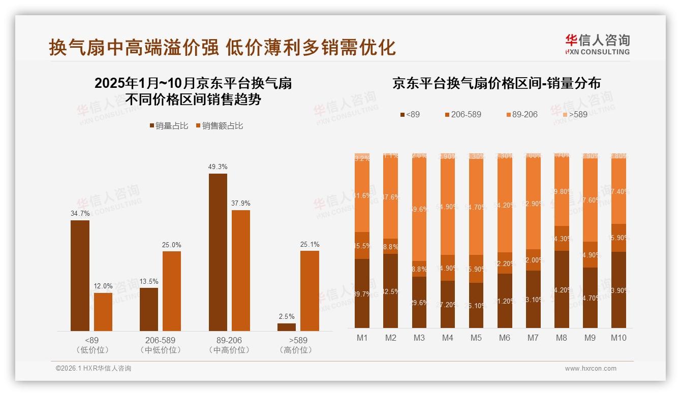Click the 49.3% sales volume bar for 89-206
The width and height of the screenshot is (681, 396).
pyautogui.click(x=218, y=252)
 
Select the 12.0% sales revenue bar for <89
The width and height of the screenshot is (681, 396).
pyautogui.click(x=103, y=312)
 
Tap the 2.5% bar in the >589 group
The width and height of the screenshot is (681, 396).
pyautogui.click(x=287, y=327)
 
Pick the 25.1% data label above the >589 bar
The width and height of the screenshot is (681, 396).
pyautogui.click(x=309, y=245)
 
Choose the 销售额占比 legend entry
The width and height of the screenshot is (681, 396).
pyautogui.click(x=219, y=126)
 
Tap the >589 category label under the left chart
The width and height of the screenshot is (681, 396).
pyautogui.click(x=298, y=340)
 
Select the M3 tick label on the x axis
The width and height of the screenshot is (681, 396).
pyautogui.click(x=419, y=338)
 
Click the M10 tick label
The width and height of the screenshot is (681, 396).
pyautogui.click(x=618, y=338)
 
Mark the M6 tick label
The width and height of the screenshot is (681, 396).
pyautogui.click(x=504, y=338)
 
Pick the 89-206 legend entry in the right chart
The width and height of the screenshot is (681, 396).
pyautogui.click(x=521, y=115)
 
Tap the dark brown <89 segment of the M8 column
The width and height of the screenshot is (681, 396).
pyautogui.click(x=561, y=289)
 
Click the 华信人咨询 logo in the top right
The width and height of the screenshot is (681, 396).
pyautogui.click(x=597, y=44)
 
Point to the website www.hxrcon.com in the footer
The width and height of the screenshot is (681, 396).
pyautogui.click(x=591, y=369)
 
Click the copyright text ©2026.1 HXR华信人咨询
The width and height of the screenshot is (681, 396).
pyautogui.click(x=93, y=369)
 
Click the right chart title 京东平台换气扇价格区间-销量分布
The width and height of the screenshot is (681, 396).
pyautogui.click(x=496, y=84)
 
